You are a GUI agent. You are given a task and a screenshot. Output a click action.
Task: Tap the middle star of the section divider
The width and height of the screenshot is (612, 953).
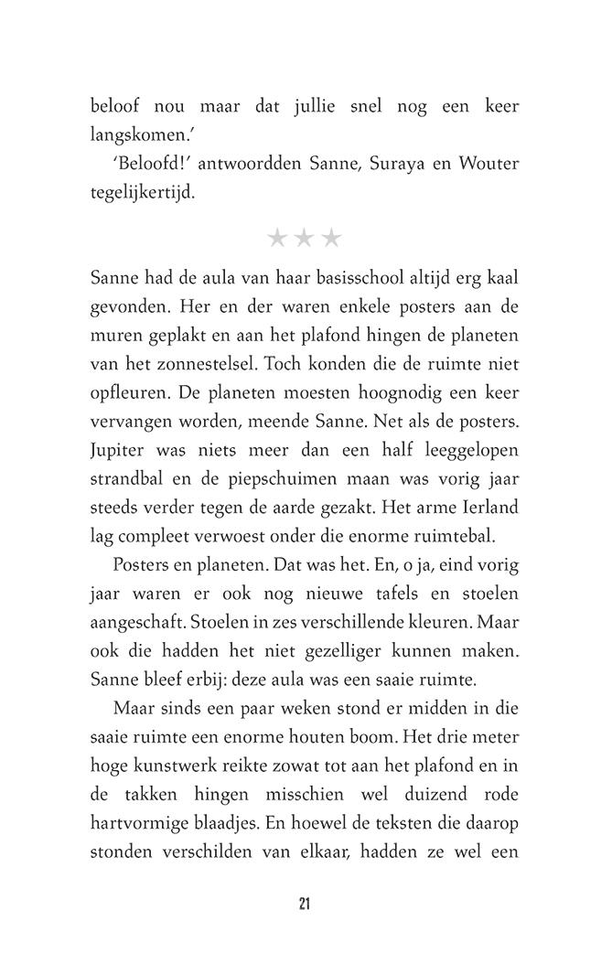[x=305, y=239]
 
